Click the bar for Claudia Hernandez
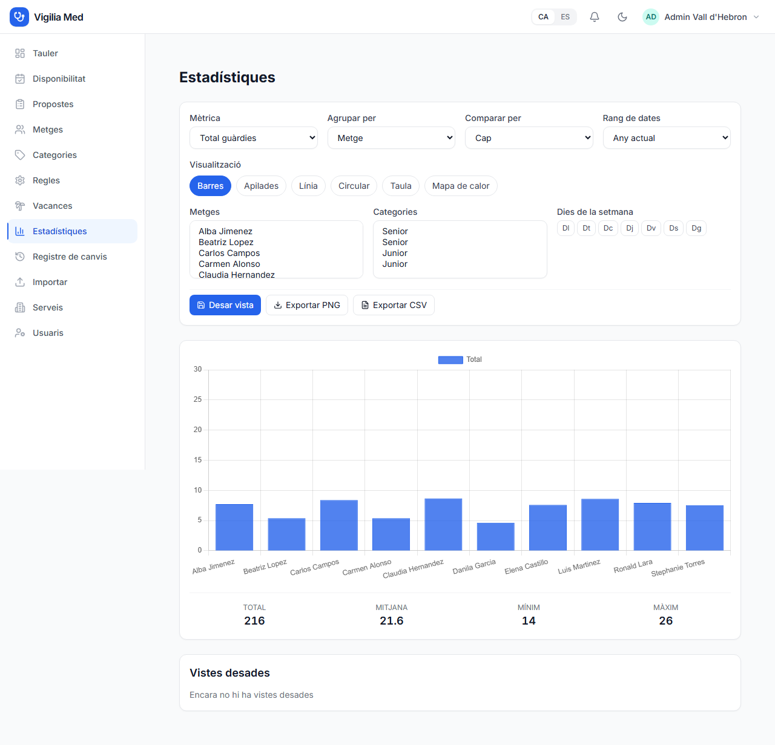443,524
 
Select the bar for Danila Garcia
495,536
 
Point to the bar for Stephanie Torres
704,528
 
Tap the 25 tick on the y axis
198,399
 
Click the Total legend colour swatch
450,360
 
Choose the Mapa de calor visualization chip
461,186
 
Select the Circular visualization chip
354,186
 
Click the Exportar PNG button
307,305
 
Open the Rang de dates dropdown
667,138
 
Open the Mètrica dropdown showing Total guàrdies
254,138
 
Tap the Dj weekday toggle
630,228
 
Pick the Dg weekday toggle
696,228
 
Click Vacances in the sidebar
52,206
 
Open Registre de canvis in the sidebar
70,257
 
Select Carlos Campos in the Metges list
229,253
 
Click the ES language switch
565,17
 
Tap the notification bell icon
595,17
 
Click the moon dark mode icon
622,17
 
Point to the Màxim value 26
665,621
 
